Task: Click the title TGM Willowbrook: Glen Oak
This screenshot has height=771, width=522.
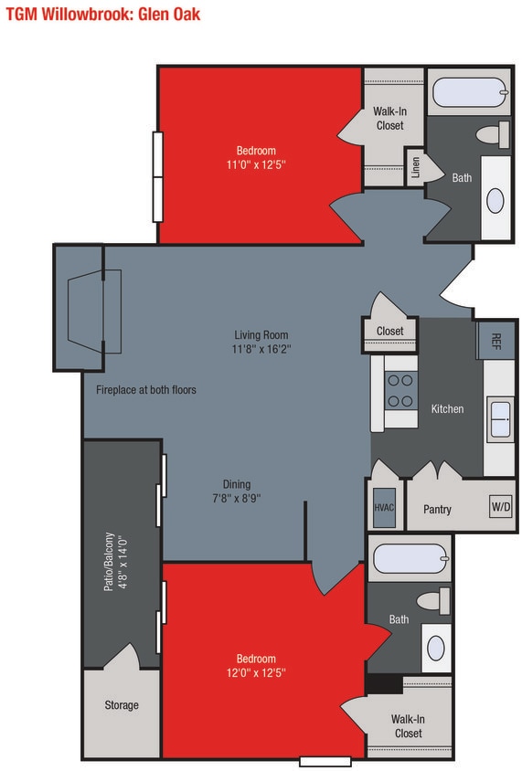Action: [x=102, y=14]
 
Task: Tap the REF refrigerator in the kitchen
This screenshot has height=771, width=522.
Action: [x=495, y=341]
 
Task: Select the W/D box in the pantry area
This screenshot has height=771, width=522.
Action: [x=500, y=507]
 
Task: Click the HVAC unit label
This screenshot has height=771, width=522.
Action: [x=384, y=508]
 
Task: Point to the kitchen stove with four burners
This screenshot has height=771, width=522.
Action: [x=399, y=390]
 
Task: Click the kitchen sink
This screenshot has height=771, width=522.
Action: [x=500, y=419]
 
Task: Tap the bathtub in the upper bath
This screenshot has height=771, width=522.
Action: [x=468, y=92]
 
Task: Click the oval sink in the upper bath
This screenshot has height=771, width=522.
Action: [x=495, y=200]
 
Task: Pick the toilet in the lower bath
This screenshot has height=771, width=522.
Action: [x=433, y=601]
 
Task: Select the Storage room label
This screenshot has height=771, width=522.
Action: [x=121, y=705]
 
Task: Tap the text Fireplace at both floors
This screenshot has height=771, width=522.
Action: [x=146, y=390]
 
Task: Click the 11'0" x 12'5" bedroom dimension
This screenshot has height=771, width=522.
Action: [x=256, y=165]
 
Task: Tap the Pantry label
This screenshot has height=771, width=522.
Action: [x=437, y=509]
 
